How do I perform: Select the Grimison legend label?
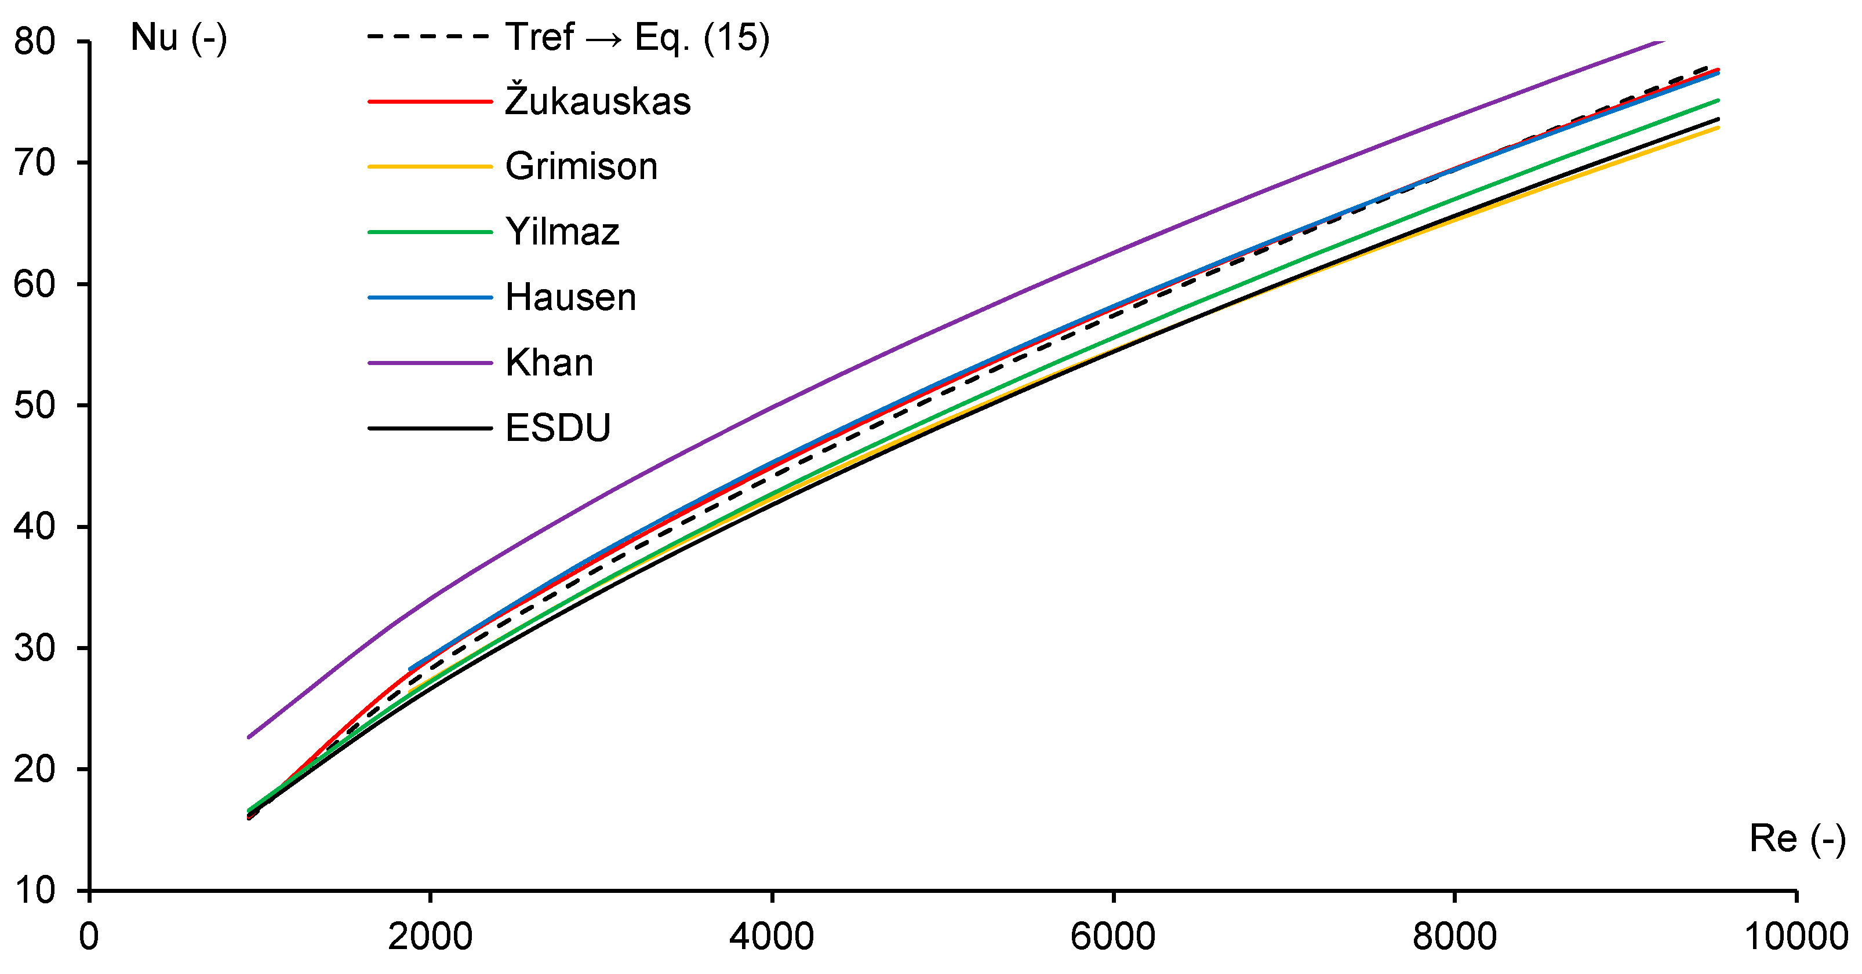(x=581, y=166)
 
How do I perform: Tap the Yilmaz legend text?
(x=562, y=232)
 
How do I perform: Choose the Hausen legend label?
(x=570, y=297)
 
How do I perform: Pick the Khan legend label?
(x=550, y=363)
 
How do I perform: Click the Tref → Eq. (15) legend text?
(x=638, y=37)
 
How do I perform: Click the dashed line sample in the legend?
(x=430, y=36)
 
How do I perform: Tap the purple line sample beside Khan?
(x=430, y=363)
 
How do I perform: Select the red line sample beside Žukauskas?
(x=430, y=101)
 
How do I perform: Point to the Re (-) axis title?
(x=1797, y=839)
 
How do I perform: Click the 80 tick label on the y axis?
(x=35, y=41)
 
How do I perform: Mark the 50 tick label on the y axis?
(x=35, y=406)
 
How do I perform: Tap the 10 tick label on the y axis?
(x=35, y=890)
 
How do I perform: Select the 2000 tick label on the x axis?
(x=430, y=937)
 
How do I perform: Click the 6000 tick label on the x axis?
(x=1113, y=937)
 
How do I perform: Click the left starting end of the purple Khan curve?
(x=249, y=737)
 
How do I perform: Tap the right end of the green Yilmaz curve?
(x=1718, y=100)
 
